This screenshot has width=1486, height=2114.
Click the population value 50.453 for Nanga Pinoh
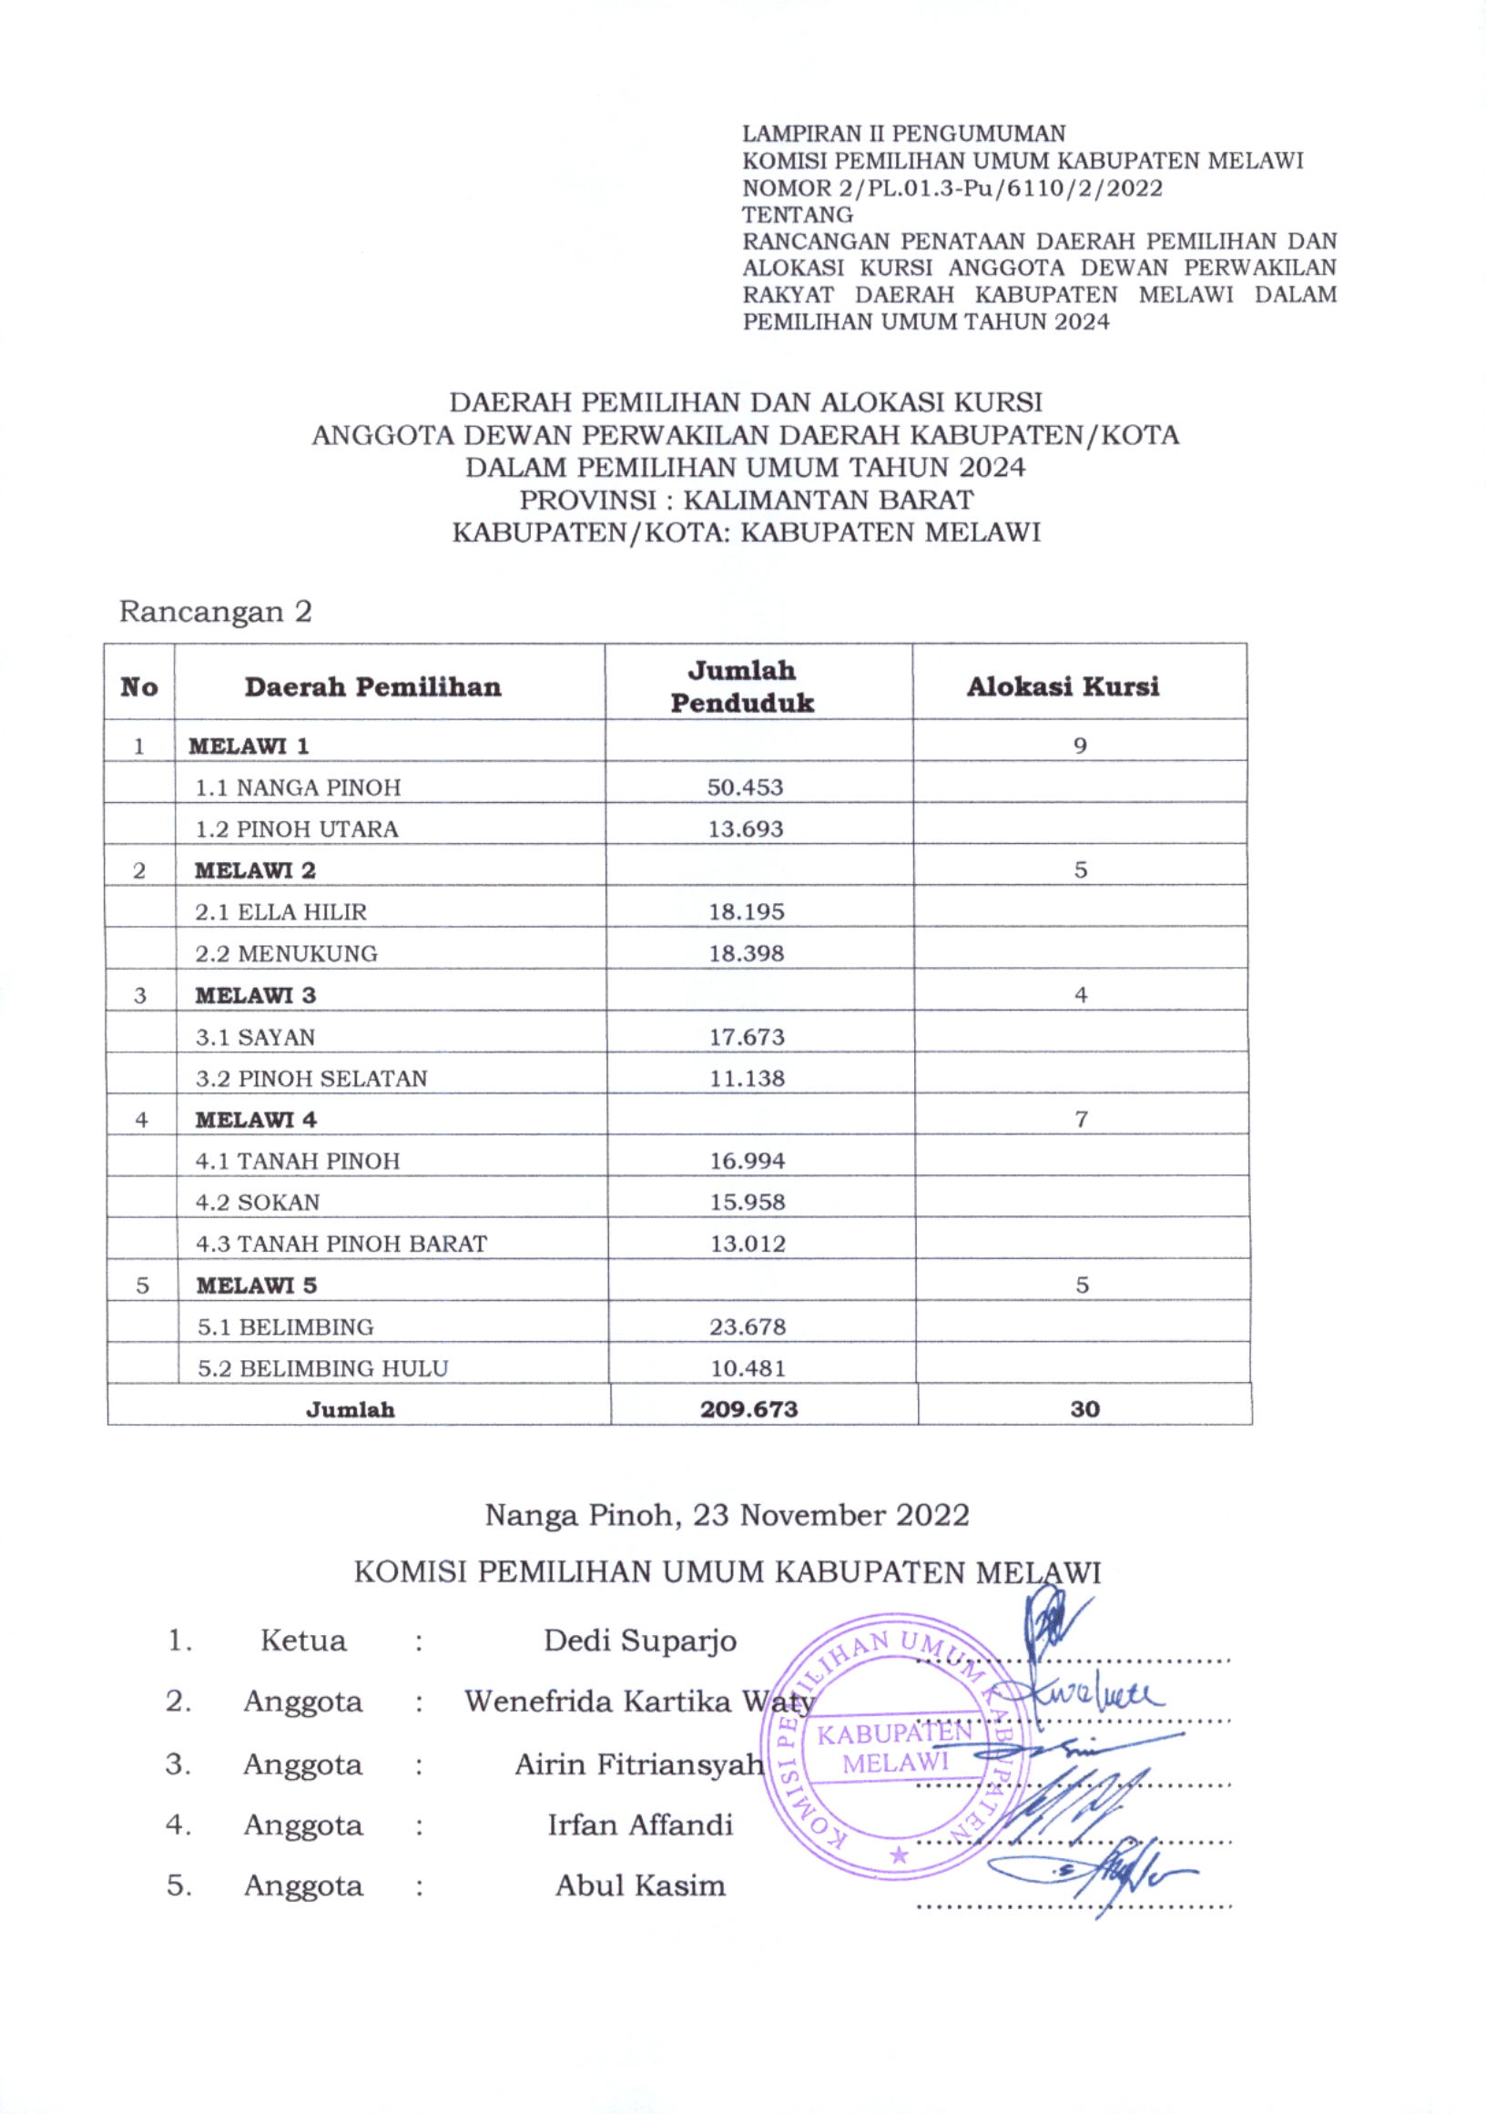tap(745, 788)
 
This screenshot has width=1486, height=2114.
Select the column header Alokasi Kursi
tap(1063, 686)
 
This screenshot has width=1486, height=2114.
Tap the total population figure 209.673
tap(748, 1408)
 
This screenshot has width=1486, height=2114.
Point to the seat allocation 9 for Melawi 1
tap(1080, 745)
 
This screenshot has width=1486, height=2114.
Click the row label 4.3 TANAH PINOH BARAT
tap(341, 1243)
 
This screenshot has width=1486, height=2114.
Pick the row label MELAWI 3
tap(255, 995)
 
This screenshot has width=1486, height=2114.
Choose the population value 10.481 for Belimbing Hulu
tap(748, 1368)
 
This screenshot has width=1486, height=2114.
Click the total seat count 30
tap(1084, 1408)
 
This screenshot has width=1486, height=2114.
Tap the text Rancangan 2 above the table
tap(216, 612)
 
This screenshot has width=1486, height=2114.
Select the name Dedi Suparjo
tap(640, 1641)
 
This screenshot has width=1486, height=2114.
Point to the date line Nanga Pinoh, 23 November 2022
tap(728, 1516)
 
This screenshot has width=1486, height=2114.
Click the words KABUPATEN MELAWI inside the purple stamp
tap(894, 1747)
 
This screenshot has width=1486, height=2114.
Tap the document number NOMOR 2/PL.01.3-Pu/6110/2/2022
tap(952, 188)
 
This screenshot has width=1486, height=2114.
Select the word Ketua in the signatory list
tap(303, 1641)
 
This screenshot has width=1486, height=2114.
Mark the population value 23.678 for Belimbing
tap(748, 1326)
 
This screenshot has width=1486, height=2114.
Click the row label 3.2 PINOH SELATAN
tap(311, 1078)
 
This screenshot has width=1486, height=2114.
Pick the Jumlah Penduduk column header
tap(742, 686)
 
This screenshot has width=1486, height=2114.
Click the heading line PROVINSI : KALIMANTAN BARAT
tap(746, 500)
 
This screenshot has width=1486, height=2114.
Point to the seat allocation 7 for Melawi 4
tap(1081, 1120)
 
